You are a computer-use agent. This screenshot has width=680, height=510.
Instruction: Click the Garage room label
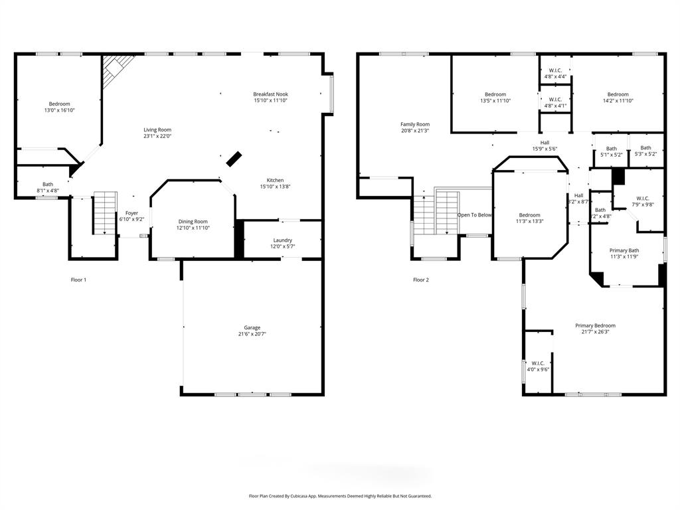click(252, 327)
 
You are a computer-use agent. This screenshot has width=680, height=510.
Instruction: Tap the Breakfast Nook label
click(270, 94)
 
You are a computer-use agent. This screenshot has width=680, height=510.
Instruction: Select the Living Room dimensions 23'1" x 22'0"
click(157, 136)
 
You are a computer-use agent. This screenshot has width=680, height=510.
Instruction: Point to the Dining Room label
click(193, 222)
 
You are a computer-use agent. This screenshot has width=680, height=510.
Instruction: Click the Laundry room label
click(282, 240)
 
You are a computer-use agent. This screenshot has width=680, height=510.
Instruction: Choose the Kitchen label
click(275, 180)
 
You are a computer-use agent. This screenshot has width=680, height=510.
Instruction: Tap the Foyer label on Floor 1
click(131, 213)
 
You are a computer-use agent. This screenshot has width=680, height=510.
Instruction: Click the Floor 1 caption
click(78, 280)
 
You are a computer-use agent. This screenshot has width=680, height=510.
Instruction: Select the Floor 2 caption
click(421, 280)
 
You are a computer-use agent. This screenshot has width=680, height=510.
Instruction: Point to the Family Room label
click(414, 124)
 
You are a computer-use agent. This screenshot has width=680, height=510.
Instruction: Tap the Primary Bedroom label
click(595, 325)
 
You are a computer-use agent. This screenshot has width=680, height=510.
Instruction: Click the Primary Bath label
click(624, 250)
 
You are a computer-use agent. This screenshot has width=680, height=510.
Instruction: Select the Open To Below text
click(474, 215)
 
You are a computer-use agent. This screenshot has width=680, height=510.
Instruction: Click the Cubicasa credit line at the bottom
click(340, 496)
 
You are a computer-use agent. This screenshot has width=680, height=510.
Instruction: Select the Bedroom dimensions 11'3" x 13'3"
click(529, 222)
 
